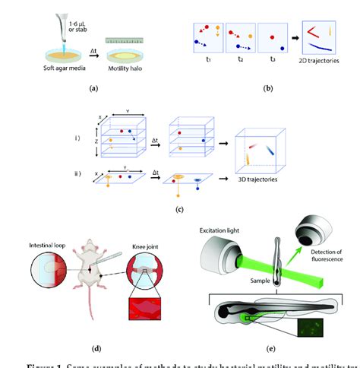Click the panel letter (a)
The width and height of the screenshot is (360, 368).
click(93, 89)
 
